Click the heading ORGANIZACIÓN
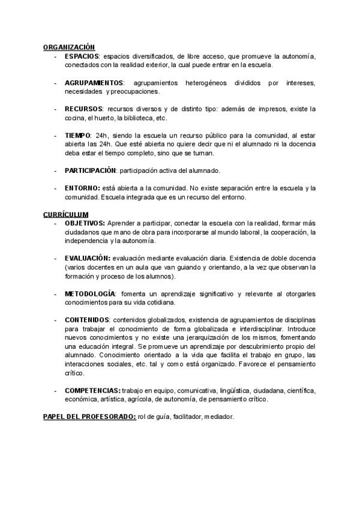pyautogui.click(x=69, y=47)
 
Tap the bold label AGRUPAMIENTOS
pyautogui.click(x=94, y=82)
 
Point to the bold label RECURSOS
pyautogui.click(x=83, y=109)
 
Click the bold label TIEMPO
pyautogui.click(x=77, y=136)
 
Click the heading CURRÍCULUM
pyautogui.click(x=66, y=214)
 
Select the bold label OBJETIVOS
pyautogui.click(x=85, y=223)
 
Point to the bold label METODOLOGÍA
pyautogui.click(x=89, y=294)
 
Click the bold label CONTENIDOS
pyautogui.click(x=86, y=320)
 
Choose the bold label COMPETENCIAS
pyautogui.click(x=92, y=390)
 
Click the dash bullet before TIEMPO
pyautogui.click(x=55, y=136)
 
